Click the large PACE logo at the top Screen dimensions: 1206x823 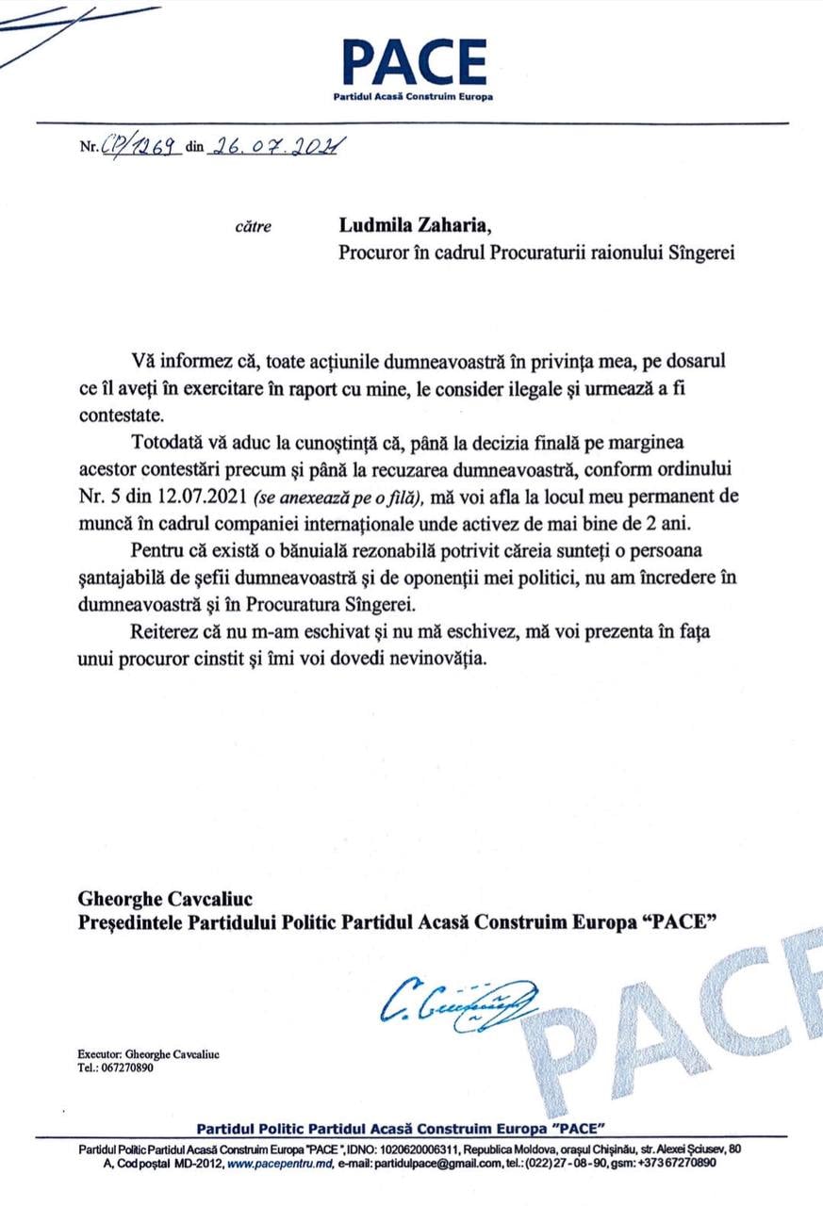(x=414, y=63)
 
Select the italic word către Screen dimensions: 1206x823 (x=252, y=226)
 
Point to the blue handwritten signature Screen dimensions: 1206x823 (x=457, y=1000)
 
